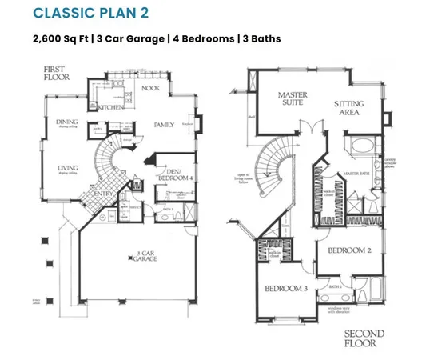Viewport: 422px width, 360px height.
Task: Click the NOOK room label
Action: (152, 90)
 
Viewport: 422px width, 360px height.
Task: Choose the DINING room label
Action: (66, 122)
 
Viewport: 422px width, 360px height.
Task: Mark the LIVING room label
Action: (67, 168)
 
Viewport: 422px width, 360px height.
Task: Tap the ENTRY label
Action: (103, 193)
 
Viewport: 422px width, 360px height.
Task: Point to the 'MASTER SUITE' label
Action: (293, 98)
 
